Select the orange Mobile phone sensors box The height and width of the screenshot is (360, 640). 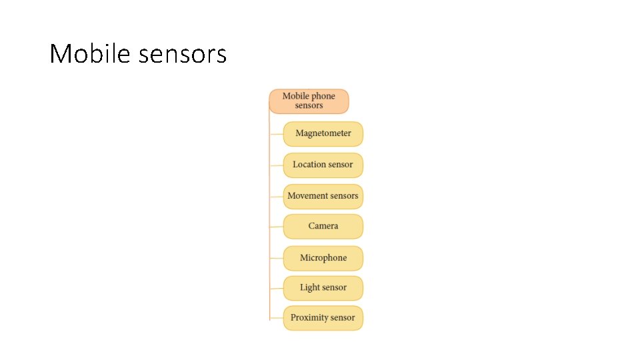(x=309, y=101)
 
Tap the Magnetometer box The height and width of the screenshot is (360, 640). (x=323, y=133)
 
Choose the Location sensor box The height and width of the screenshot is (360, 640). (x=323, y=165)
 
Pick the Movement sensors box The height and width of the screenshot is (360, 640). (x=323, y=196)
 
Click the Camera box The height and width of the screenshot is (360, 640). (x=323, y=226)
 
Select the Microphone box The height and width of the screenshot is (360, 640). (x=323, y=258)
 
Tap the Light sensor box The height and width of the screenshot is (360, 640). (x=323, y=288)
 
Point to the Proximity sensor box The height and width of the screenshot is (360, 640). (x=323, y=318)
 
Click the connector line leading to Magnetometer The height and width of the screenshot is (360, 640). (x=276, y=134)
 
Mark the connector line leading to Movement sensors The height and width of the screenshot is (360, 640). (x=276, y=197)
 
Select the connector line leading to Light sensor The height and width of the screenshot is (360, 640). (x=276, y=289)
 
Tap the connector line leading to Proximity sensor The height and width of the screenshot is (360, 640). (x=276, y=319)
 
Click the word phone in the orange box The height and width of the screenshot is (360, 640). (x=323, y=96)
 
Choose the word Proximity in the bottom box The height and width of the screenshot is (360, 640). (x=309, y=318)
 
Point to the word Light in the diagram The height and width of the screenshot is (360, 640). (x=310, y=288)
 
